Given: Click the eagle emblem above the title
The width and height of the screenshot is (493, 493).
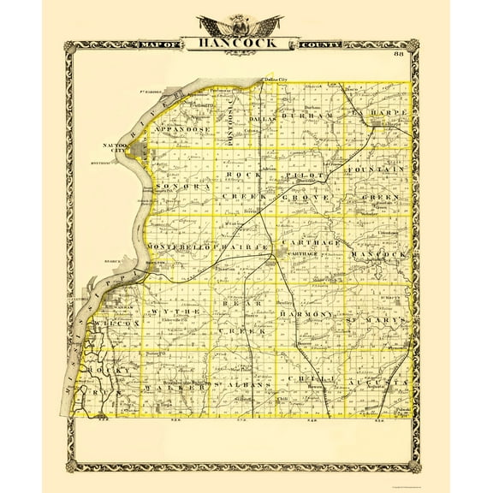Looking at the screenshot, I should click(246, 21).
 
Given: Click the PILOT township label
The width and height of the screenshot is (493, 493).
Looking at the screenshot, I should click(305, 173).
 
